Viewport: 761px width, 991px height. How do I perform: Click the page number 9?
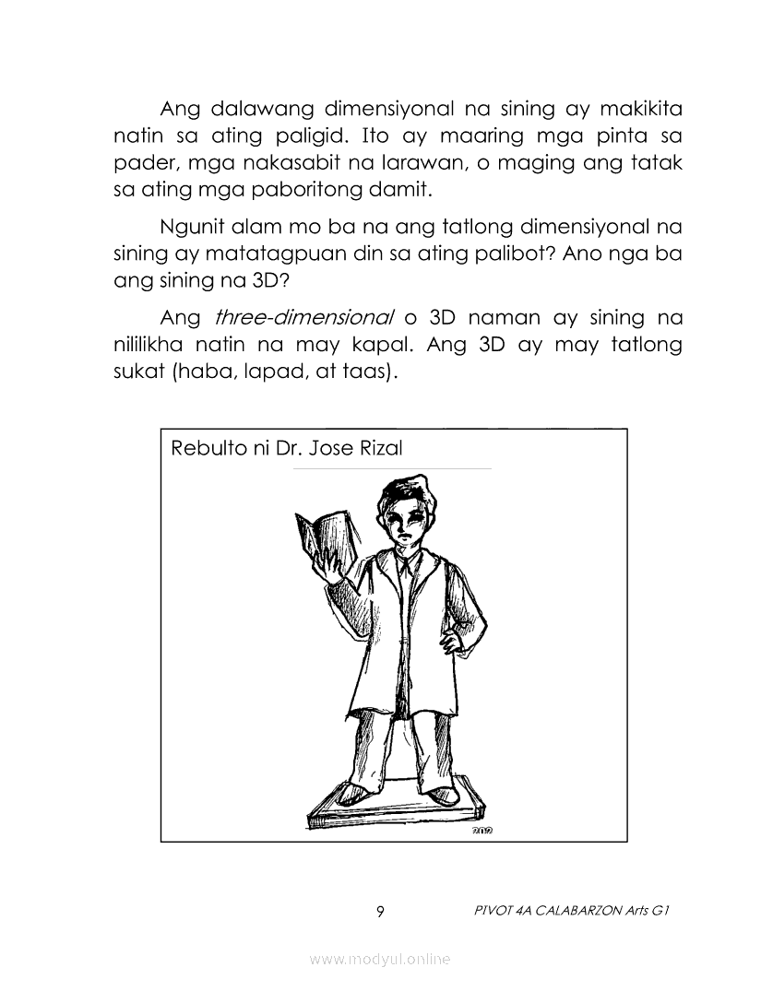click(x=380, y=912)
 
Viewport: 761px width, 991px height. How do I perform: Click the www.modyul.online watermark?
click(x=380, y=960)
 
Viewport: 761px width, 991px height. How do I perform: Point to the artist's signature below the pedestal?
click(x=482, y=831)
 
